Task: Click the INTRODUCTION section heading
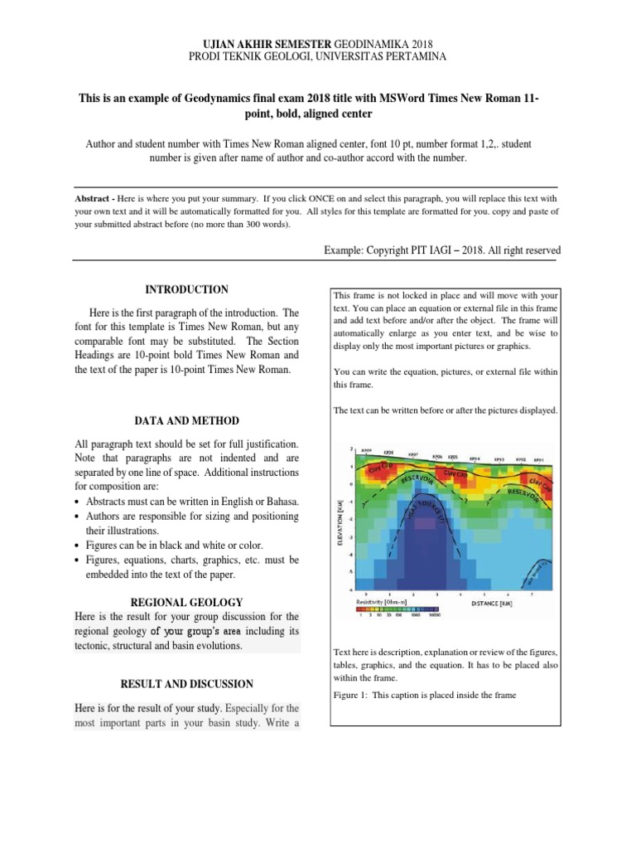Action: click(186, 289)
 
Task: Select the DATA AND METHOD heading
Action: click(186, 421)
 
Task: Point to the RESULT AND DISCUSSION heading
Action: click(186, 684)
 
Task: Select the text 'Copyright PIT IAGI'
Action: click(414, 250)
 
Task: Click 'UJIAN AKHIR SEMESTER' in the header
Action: click(263, 43)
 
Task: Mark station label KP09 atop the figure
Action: click(366, 450)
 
